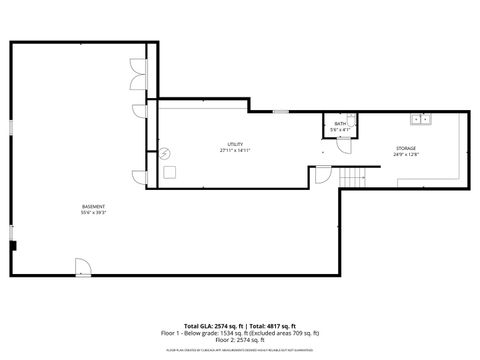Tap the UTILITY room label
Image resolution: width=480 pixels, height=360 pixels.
[x=235, y=144]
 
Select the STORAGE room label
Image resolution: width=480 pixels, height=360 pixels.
[x=407, y=148]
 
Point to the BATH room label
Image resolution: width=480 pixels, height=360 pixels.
[x=340, y=124]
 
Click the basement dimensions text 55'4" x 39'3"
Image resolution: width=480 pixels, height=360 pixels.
[x=94, y=212]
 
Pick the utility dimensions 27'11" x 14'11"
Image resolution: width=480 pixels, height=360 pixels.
[x=235, y=150]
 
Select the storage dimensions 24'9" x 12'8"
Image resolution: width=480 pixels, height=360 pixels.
[x=407, y=154]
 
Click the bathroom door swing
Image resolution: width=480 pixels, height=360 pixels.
[x=345, y=142]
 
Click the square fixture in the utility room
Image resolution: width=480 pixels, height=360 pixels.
[x=171, y=172]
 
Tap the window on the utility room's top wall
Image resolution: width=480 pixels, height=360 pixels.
[x=282, y=111]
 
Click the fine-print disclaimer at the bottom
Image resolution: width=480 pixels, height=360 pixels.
[x=240, y=351]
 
